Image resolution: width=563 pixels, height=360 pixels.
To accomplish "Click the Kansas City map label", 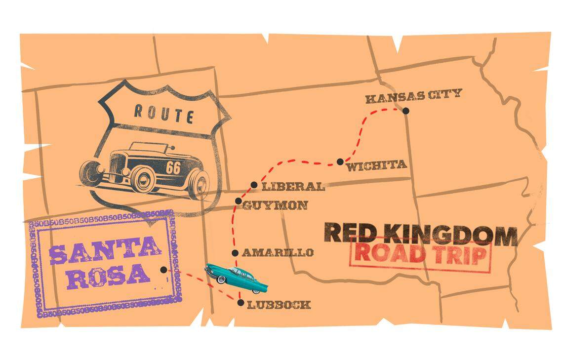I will (x=413, y=95).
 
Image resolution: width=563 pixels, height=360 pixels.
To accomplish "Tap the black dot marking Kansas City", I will (x=405, y=111).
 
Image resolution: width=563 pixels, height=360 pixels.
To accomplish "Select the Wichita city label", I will (x=376, y=165).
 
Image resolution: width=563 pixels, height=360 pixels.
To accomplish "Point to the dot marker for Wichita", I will (x=340, y=161).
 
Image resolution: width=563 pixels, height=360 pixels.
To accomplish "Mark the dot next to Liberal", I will (x=254, y=185).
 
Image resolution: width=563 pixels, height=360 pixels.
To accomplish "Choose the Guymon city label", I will (x=275, y=205).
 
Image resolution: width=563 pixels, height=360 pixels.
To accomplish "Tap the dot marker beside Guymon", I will (x=238, y=201).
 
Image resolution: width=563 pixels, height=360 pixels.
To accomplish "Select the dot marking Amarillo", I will (x=235, y=253).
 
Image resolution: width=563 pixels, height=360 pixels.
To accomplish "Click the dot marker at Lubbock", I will (x=241, y=303).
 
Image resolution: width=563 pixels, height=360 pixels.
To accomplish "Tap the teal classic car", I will (x=237, y=277).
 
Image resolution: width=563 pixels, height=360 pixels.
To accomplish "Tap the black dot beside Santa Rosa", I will (x=163, y=270).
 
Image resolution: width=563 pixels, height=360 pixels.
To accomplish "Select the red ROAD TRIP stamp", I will (x=420, y=255).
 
